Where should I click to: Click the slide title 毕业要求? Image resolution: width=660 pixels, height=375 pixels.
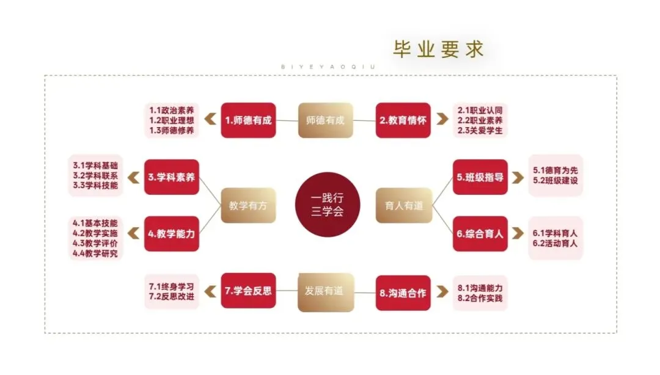[438, 49]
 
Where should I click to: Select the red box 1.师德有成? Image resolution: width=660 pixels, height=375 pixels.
[248, 120]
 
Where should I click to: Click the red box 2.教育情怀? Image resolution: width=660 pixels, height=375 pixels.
[403, 120]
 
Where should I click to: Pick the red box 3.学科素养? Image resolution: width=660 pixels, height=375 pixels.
[172, 177]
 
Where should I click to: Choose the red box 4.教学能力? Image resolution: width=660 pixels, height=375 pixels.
[172, 233]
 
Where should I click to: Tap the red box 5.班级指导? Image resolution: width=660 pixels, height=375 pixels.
[480, 177]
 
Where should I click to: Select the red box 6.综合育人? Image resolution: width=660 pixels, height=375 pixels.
[480, 233]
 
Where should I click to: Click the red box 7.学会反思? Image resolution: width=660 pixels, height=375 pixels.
[248, 291]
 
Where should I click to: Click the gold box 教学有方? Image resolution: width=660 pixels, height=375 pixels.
[248, 205]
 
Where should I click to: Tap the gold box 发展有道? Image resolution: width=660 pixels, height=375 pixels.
[325, 291]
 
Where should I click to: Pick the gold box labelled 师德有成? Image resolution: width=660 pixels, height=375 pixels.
[325, 120]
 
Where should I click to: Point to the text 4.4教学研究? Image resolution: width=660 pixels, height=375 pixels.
[95, 253]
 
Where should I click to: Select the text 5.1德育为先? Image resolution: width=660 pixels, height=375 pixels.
[555, 170]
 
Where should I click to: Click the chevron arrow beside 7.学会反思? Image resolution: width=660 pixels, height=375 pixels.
[210, 291]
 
